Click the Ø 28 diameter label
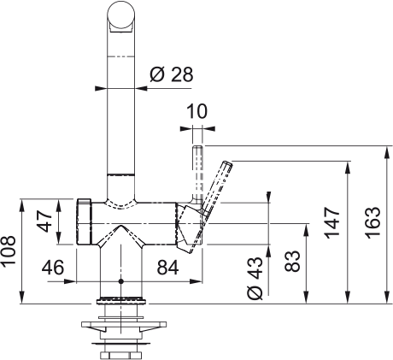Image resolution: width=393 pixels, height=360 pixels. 171,74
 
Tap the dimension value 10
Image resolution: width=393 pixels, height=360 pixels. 197,111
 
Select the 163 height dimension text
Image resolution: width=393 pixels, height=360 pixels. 372,223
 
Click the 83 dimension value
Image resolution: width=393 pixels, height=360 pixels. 292,261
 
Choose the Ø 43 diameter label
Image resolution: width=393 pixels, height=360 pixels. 255,279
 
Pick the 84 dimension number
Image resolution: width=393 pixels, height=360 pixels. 167,268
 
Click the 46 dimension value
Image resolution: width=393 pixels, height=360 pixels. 53,268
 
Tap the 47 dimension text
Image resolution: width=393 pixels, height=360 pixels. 44,221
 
